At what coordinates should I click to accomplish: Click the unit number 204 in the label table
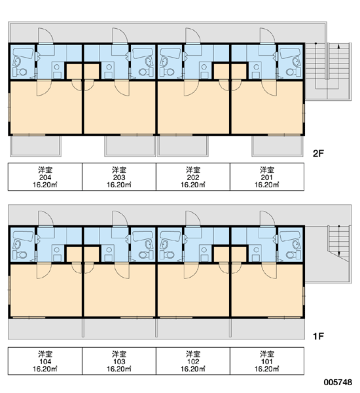tap(45, 178)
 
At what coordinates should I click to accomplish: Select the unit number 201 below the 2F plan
tap(267, 178)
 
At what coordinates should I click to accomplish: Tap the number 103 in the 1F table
tap(119, 362)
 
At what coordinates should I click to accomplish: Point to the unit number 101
tap(267, 362)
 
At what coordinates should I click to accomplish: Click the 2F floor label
tap(318, 153)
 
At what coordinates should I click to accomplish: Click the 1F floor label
tap(318, 336)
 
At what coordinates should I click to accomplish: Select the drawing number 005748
tap(338, 382)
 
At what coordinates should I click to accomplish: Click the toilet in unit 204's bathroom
tap(20, 72)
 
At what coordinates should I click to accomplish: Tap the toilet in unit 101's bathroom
tap(293, 255)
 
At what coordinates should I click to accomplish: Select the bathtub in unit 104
tap(23, 236)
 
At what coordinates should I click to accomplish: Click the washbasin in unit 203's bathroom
tap(149, 62)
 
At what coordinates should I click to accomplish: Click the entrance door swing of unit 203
tap(120, 35)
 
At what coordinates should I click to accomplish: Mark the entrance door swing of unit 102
tap(193, 219)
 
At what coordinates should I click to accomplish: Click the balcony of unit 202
tap(183, 146)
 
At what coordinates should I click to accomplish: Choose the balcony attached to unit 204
tap(35, 146)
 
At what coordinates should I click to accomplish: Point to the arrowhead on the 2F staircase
tap(338, 46)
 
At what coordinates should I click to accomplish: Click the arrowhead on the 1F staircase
tap(338, 253)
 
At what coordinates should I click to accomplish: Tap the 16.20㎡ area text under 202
tap(193, 185)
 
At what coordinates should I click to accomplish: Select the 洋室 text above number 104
tap(45, 354)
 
